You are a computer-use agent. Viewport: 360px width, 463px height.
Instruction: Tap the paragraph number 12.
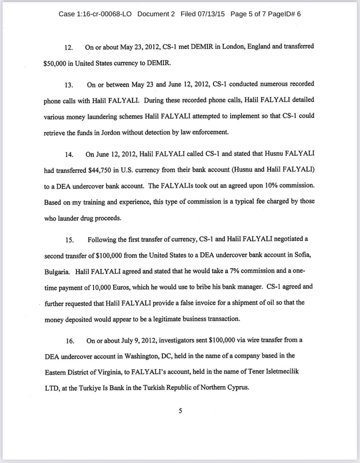point(68,48)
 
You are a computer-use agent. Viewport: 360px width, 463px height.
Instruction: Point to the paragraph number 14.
point(69,154)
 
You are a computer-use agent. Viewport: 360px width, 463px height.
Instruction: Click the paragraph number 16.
point(70,341)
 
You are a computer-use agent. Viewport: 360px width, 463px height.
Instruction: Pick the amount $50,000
point(55,63)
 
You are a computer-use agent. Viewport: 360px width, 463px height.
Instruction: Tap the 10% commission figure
point(271,186)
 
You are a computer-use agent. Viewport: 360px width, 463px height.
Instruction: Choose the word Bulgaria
point(57,272)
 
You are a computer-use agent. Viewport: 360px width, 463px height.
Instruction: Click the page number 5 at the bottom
point(180,411)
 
